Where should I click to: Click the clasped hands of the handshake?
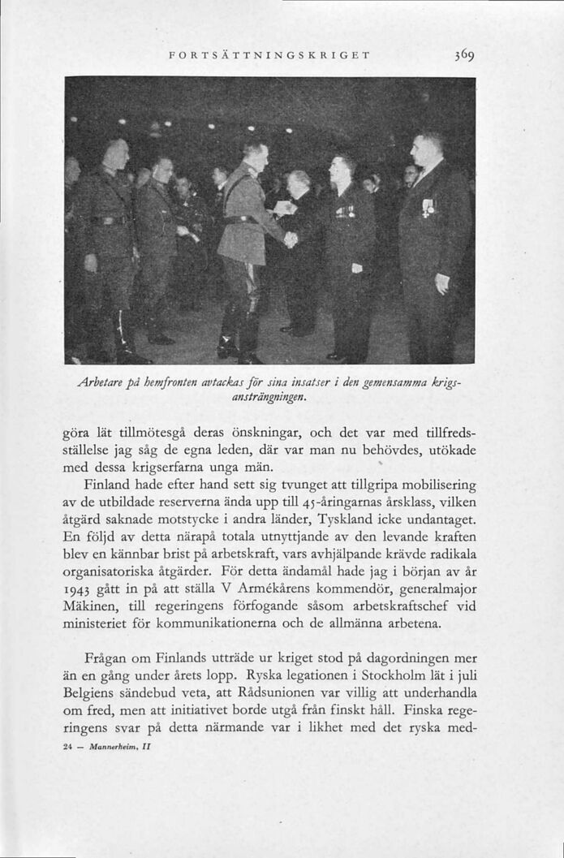[x=291, y=239]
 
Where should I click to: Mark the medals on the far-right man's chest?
[x=428, y=207]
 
